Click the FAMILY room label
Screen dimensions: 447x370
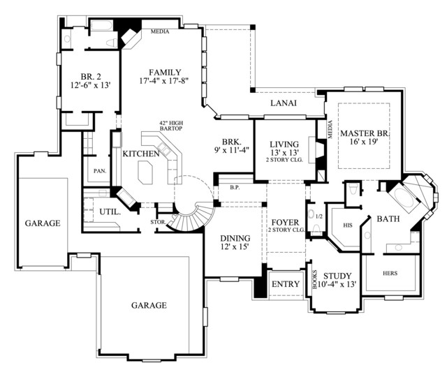click(x=165, y=72)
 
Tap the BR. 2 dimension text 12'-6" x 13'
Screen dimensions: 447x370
click(x=90, y=85)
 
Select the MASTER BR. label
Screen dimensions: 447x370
click(x=365, y=133)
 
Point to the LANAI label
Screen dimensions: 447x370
click(x=284, y=103)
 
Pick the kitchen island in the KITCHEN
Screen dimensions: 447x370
click(x=145, y=172)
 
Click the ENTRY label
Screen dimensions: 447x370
click(x=286, y=284)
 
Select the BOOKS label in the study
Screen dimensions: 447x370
click(x=315, y=280)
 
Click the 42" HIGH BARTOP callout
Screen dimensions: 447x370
click(x=170, y=126)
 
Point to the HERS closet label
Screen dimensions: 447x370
click(x=390, y=273)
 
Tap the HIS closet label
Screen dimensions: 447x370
click(x=348, y=225)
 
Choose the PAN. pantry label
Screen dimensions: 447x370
click(x=100, y=171)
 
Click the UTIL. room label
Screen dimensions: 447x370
click(x=110, y=212)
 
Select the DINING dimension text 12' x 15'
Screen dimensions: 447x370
click(x=235, y=246)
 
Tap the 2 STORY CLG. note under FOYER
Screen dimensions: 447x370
click(x=286, y=230)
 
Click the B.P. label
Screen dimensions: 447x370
click(x=235, y=188)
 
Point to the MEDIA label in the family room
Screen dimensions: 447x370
click(x=160, y=31)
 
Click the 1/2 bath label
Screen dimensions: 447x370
click(x=319, y=216)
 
